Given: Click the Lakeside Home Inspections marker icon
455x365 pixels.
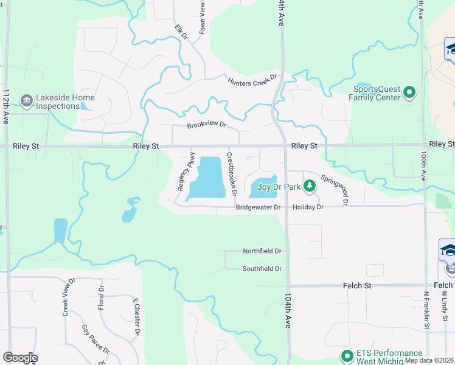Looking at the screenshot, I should pos(27,100).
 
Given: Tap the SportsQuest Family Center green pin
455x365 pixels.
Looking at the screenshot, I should pos(409,93).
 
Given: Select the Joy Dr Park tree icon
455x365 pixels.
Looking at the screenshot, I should pos(310,186).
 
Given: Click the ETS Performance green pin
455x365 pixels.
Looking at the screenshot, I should pos(347,356).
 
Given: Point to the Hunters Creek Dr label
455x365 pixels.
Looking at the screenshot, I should pos(252,80).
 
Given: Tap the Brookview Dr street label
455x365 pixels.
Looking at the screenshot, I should pos(206,125).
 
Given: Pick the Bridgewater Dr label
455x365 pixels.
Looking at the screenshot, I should pos(258,207).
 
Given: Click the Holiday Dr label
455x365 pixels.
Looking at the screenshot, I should pos(308,207).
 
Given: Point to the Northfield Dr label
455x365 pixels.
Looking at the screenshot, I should pos(262,251).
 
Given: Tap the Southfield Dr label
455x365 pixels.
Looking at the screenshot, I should pos(262,268).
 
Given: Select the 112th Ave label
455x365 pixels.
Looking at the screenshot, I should pos(6,106).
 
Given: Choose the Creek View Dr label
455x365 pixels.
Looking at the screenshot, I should pos(68,297).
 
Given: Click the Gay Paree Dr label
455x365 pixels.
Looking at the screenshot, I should pos(96,339).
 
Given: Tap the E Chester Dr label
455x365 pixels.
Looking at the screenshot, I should pos(137,316).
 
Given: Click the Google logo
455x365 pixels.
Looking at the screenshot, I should pos(20,358).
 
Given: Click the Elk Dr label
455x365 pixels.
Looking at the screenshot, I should pos(181,32).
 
